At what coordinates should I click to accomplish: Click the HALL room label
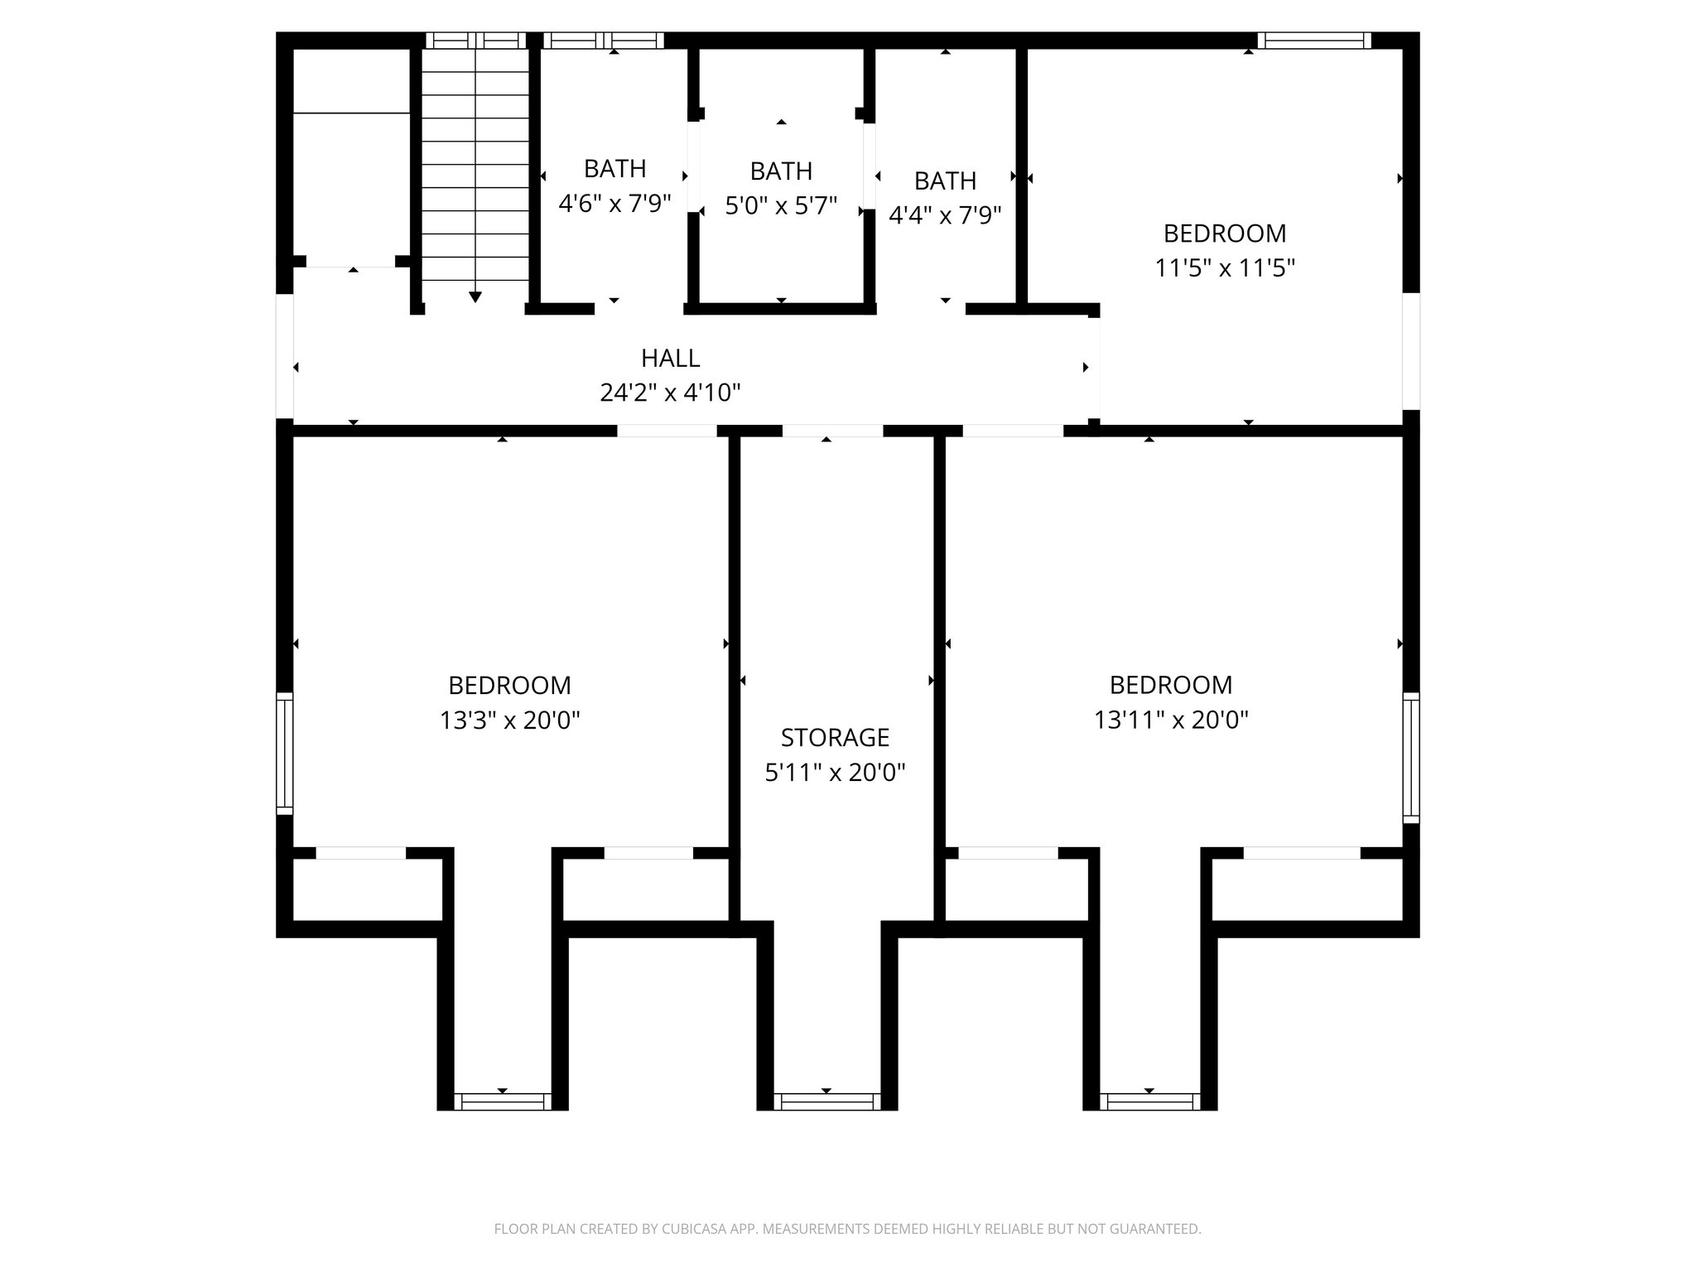coord(670,358)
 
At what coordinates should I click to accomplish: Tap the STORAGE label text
coord(835,737)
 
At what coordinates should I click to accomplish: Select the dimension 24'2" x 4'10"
coord(670,392)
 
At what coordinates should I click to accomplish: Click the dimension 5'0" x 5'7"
coord(781,205)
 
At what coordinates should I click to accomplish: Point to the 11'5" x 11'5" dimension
coord(1225,267)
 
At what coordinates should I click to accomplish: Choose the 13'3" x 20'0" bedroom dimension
coord(509,720)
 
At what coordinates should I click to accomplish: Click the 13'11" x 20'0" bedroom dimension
coord(1171,720)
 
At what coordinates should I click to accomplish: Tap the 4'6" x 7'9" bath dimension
coord(614,203)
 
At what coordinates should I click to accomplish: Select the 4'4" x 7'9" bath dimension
coord(945,214)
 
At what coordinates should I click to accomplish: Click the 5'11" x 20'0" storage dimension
coord(835,772)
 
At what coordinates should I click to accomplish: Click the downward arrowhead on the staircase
coord(475,296)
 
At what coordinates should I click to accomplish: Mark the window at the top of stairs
coord(475,40)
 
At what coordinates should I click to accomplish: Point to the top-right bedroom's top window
coord(1313,40)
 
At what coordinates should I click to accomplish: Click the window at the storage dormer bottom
coord(826,1101)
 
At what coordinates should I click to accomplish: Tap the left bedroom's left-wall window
coord(284,754)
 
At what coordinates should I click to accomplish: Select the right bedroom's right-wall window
coord(1410,758)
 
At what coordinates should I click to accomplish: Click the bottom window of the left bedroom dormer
coord(503,1101)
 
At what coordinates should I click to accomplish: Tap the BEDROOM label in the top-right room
coord(1225,234)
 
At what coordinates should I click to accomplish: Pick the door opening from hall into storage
coord(832,431)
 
